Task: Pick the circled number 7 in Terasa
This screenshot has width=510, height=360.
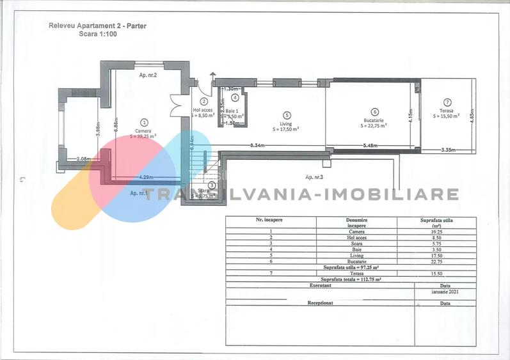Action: coord(447,102)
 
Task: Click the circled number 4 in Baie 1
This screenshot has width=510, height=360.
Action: coord(235,98)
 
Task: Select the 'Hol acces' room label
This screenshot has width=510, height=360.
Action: coord(203,110)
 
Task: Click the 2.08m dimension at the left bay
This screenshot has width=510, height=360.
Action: coord(83,159)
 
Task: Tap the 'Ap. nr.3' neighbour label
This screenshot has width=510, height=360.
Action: coord(315,176)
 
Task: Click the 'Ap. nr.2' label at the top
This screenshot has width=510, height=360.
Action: coord(148,75)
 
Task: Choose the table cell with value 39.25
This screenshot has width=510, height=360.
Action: coord(437,232)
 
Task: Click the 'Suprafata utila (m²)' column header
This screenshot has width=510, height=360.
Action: coord(437,223)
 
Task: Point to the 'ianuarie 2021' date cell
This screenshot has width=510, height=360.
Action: coord(445,291)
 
